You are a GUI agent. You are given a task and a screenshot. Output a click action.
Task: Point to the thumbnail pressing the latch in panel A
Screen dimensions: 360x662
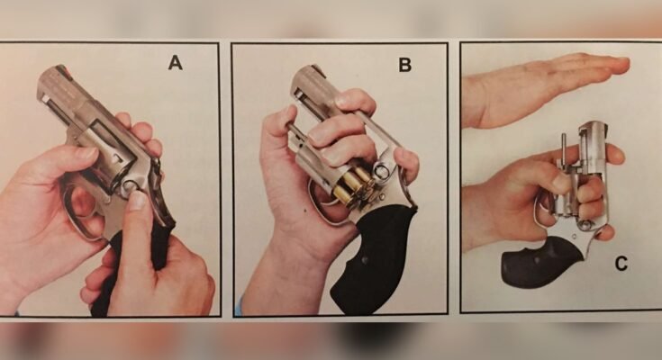(136, 200)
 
